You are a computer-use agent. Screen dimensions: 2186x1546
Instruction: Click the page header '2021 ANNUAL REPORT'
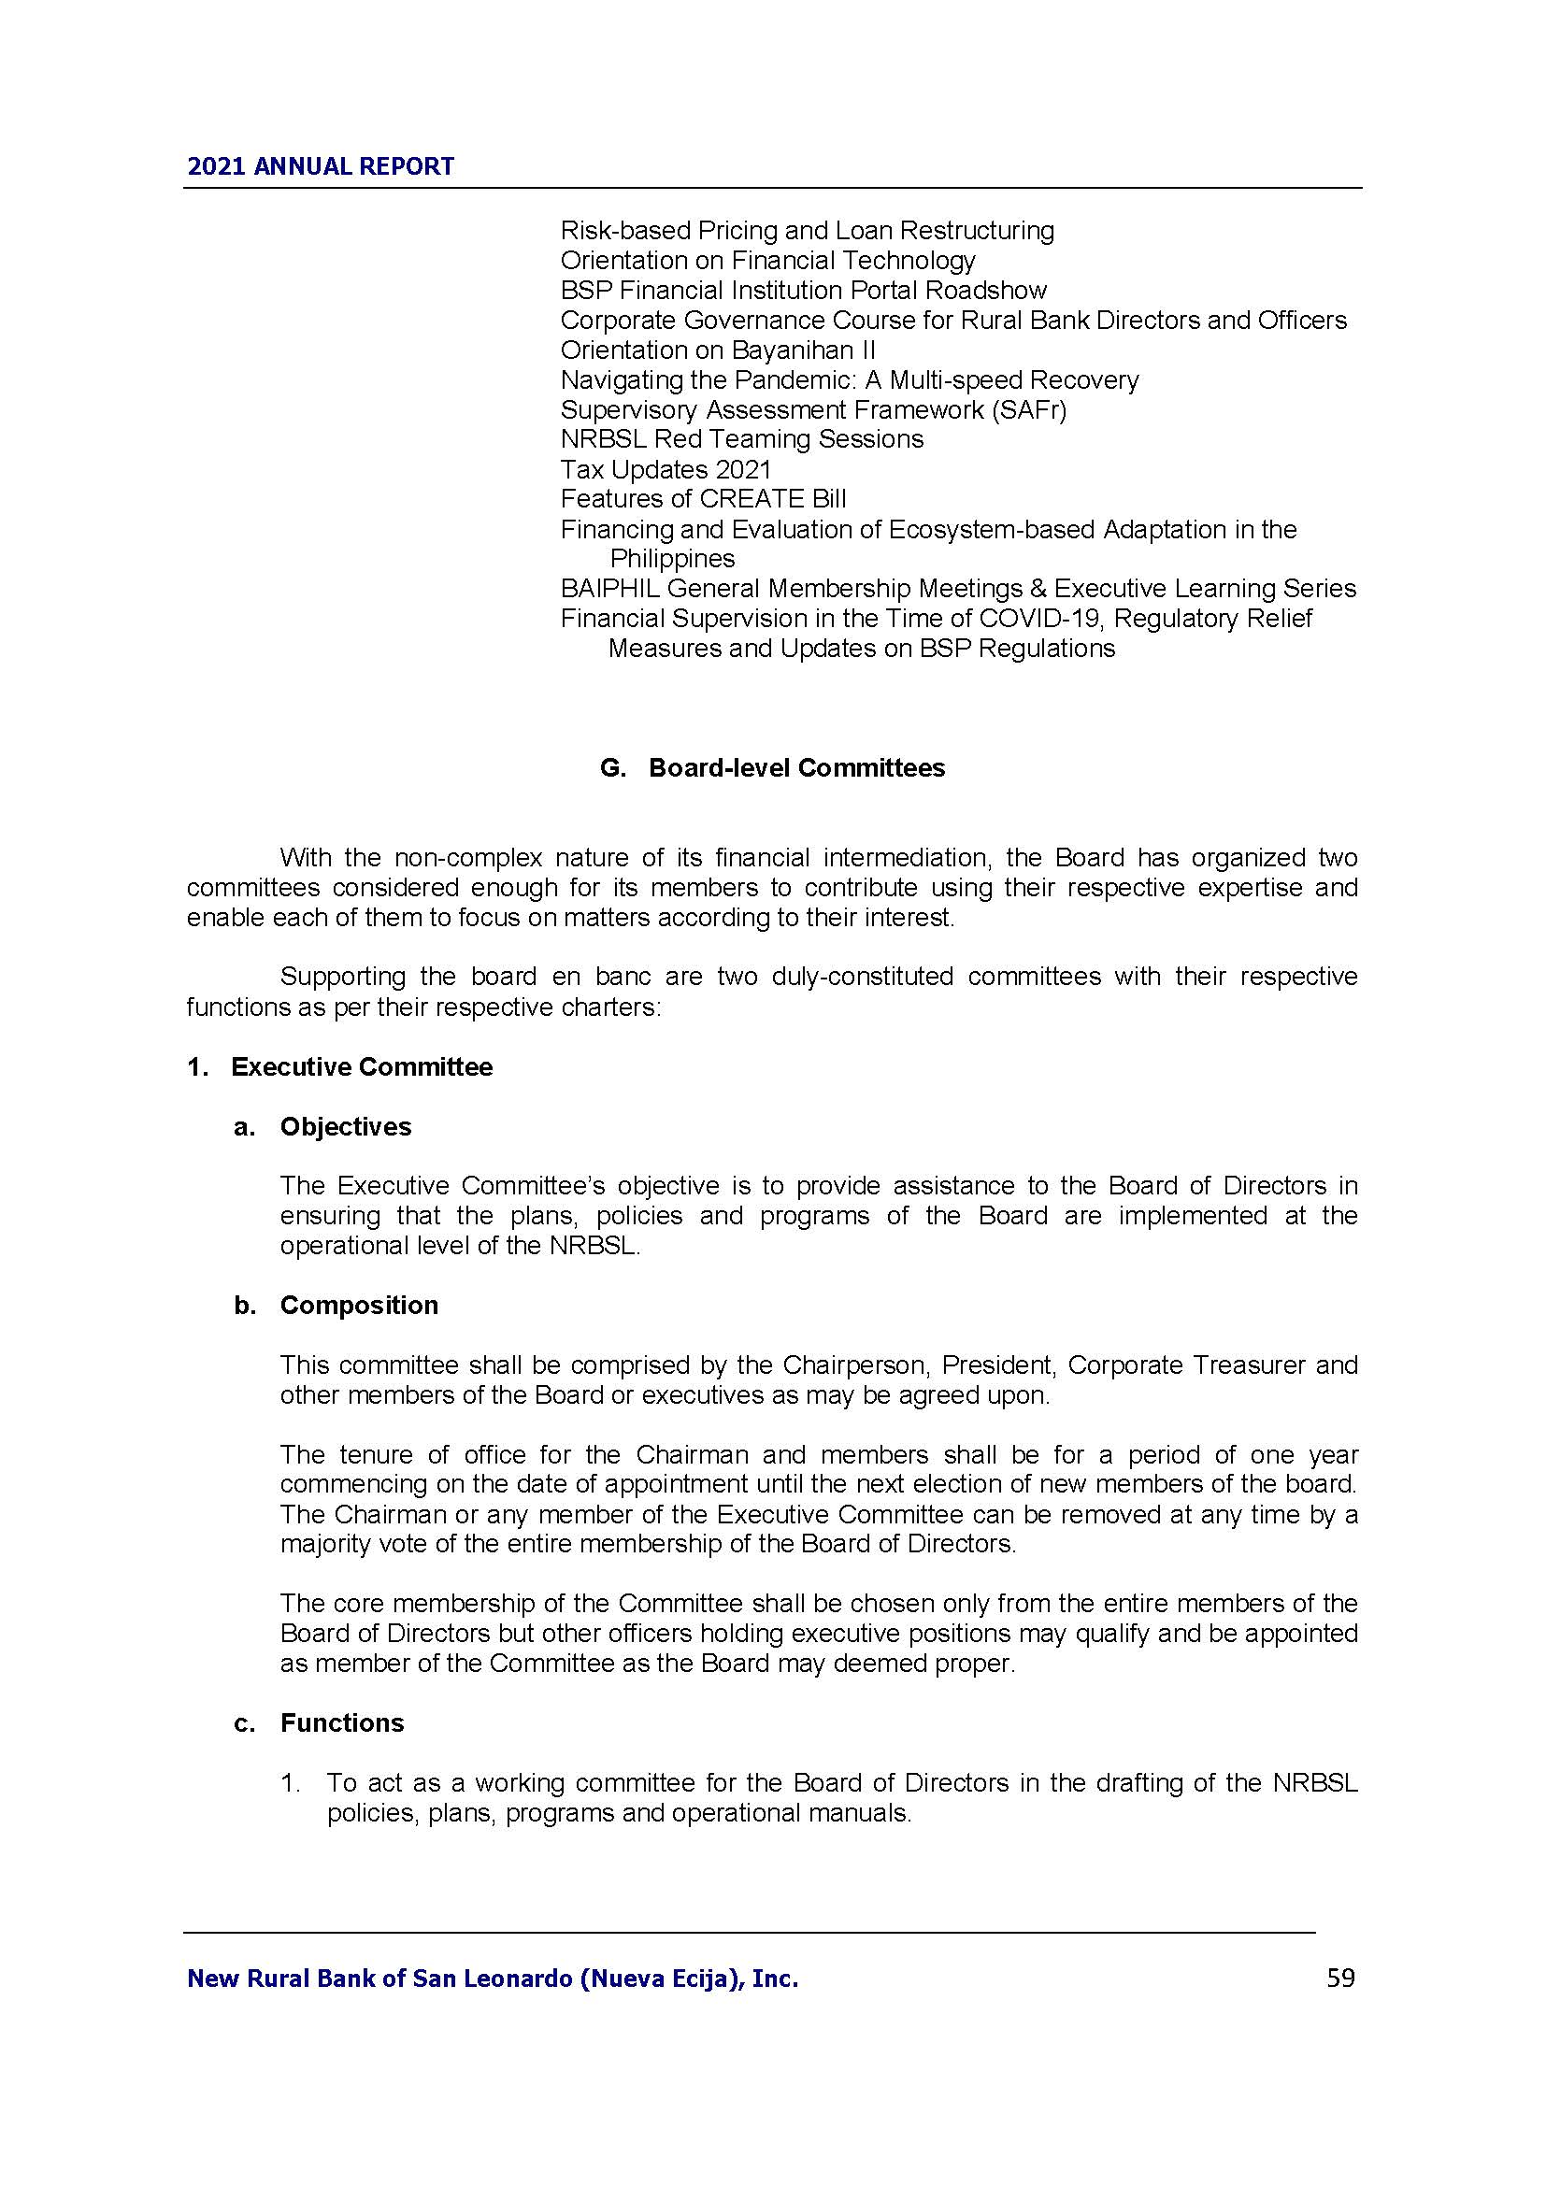coord(321,166)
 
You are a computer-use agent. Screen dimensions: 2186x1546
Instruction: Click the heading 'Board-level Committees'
coord(796,768)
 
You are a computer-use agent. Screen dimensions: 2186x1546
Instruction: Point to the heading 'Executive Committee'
coord(362,1066)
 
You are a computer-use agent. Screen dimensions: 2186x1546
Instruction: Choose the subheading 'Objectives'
coord(346,1126)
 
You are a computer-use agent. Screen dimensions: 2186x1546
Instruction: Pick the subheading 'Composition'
coord(359,1306)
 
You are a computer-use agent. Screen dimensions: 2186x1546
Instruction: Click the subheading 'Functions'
coord(342,1723)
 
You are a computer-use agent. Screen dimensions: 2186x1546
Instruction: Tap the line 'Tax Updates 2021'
coord(666,469)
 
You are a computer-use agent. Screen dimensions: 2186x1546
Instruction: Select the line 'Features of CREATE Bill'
coord(703,499)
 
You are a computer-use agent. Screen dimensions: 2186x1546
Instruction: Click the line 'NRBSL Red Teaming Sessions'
coord(741,439)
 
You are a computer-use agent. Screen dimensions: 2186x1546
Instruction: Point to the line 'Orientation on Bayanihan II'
coord(718,350)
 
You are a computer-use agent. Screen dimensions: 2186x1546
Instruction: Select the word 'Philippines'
coord(672,558)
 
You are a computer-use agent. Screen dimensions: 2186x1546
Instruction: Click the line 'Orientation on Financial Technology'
coord(767,260)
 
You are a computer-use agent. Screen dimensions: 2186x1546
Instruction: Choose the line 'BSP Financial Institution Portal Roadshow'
coord(804,290)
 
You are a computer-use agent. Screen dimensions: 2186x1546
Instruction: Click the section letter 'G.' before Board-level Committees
coord(612,768)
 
